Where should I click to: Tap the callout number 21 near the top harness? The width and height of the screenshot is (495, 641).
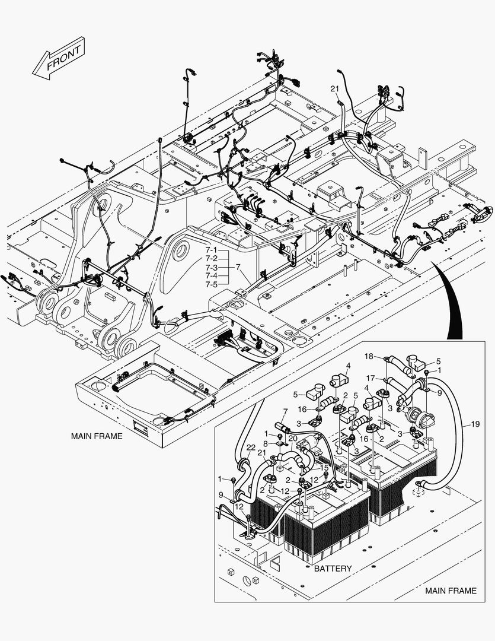pyautogui.click(x=335, y=88)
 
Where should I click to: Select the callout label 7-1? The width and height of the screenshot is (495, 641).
pyautogui.click(x=212, y=250)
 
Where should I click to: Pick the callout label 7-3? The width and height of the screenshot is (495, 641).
pyautogui.click(x=212, y=267)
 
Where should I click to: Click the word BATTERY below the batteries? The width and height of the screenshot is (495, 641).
pyautogui.click(x=333, y=569)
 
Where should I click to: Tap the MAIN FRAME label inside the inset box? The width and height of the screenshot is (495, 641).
pyautogui.click(x=451, y=591)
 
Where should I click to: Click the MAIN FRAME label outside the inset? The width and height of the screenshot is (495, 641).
pyautogui.click(x=97, y=436)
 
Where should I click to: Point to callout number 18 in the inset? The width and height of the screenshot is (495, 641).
pyautogui.click(x=369, y=357)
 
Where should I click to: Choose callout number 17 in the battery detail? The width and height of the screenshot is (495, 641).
pyautogui.click(x=370, y=378)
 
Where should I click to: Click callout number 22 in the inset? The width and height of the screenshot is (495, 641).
pyautogui.click(x=235, y=448)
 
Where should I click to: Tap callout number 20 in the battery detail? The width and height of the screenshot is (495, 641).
pyautogui.click(x=293, y=438)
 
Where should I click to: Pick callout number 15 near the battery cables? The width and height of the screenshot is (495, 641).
pyautogui.click(x=324, y=468)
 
